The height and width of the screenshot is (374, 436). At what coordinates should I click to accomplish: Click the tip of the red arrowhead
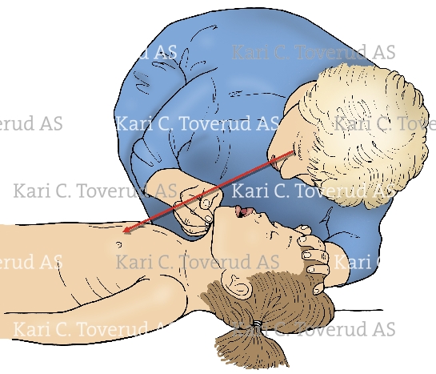click(x=122, y=231)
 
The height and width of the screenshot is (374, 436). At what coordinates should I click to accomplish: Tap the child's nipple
click(x=118, y=244)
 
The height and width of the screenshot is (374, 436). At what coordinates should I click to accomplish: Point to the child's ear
click(x=236, y=284)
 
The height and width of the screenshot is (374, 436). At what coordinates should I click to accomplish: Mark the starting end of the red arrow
click(x=294, y=151)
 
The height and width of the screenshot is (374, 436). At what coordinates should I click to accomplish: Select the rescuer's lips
click(x=277, y=167)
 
